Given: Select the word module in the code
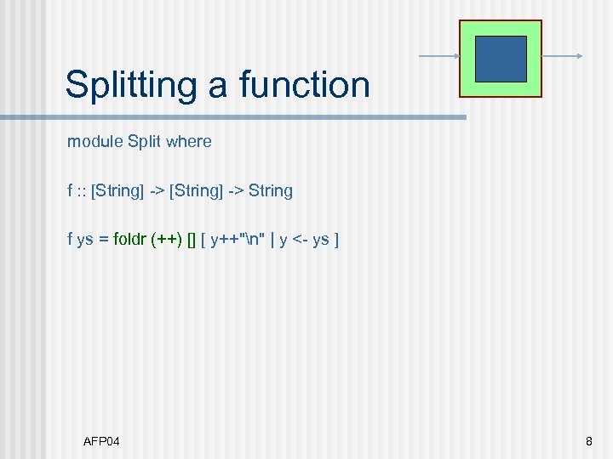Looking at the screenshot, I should coord(95,142).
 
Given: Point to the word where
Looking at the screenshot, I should coord(189,142).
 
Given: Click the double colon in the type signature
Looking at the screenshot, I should coord(82,191).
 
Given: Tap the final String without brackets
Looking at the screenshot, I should coord(271,191).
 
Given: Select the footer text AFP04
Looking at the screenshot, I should coord(101,440).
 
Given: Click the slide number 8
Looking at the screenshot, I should coord(588,440).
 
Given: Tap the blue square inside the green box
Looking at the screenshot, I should coord(500,59).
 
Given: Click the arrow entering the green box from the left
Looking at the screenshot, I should coord(439,57).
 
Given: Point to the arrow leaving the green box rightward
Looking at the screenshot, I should coord(562,57).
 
